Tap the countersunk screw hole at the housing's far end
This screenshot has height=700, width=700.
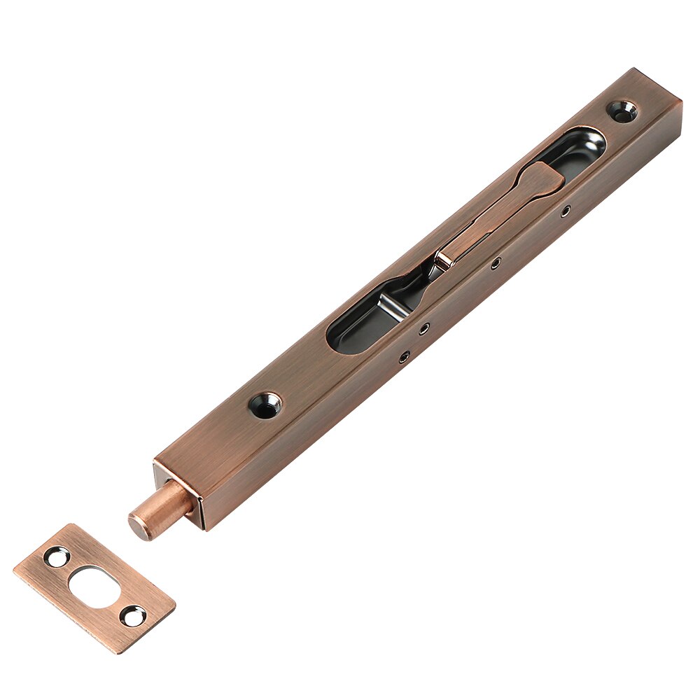pyautogui.click(x=622, y=110)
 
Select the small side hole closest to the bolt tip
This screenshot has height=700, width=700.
pyautogui.click(x=404, y=358)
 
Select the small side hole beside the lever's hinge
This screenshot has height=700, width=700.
pyautogui.click(x=495, y=264)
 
